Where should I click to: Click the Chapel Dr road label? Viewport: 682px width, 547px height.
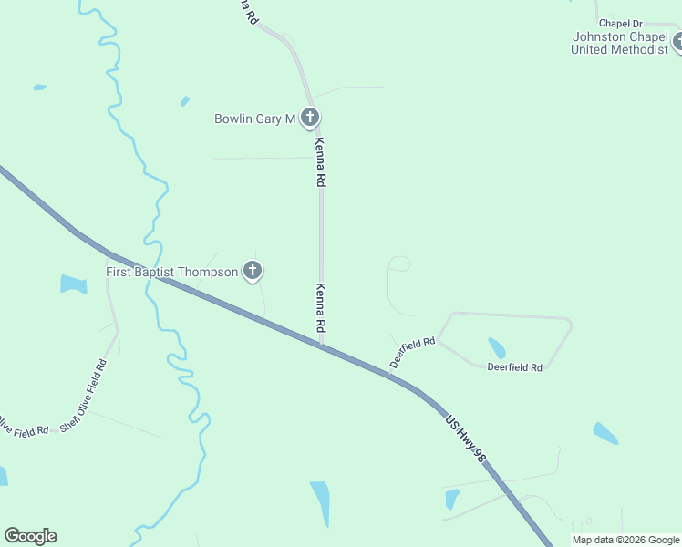pos(621,23)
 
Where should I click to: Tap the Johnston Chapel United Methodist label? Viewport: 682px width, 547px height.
pos(619,43)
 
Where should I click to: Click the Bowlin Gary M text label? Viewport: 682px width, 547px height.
pos(255,119)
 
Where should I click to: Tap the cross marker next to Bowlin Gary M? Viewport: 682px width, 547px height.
pos(310,118)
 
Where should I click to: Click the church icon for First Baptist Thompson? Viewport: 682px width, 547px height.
pos(253,271)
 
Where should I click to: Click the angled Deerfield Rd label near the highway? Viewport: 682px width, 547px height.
pos(412,353)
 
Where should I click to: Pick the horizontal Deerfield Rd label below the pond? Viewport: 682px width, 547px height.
pos(515,367)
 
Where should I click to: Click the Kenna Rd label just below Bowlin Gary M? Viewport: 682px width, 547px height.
pos(320,162)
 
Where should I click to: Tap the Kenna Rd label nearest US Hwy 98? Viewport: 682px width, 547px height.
pos(320,307)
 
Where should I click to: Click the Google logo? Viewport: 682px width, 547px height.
pos(30,536)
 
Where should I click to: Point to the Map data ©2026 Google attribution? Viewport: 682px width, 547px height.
pos(625,540)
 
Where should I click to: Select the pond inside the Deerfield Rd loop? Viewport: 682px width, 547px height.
pos(497,347)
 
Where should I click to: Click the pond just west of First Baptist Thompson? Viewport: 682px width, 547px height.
pos(73,284)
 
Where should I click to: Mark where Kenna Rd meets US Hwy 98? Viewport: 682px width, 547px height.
pos(321,345)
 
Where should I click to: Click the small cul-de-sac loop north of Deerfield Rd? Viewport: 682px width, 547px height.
pos(399,263)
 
